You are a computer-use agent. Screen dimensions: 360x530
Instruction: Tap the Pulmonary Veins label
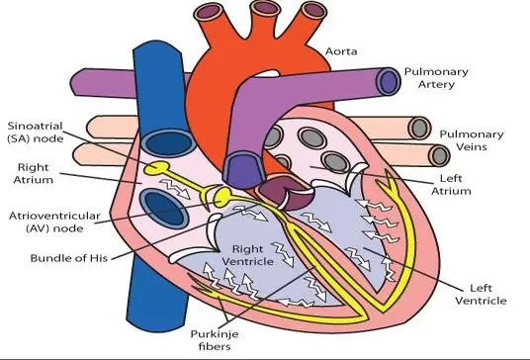(x=471, y=140)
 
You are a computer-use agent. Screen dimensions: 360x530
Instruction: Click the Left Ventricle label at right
(x=480, y=292)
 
